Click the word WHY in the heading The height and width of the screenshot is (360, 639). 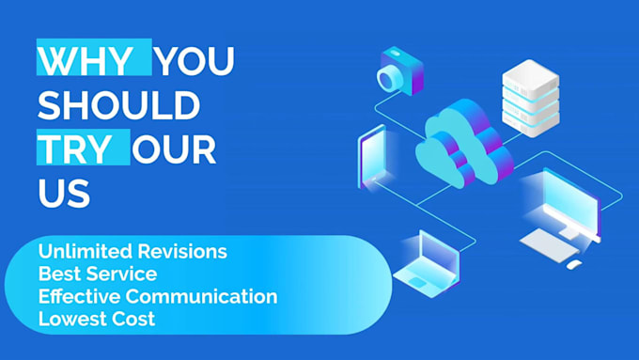[x=85, y=61]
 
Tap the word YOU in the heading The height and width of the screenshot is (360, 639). [x=195, y=61]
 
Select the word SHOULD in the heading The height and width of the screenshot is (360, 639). [x=119, y=104]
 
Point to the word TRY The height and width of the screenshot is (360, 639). [x=75, y=149]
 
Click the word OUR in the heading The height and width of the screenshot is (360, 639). [x=174, y=149]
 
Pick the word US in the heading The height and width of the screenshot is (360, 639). [x=64, y=194]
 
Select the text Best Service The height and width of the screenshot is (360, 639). [x=98, y=274]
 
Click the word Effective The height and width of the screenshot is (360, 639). [x=80, y=296]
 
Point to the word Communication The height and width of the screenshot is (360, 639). [x=201, y=296]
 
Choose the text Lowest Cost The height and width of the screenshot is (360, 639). [x=97, y=319]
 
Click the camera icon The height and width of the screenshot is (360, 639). [x=400, y=70]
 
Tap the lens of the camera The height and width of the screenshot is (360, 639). [x=389, y=78]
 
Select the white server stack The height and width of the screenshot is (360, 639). [x=531, y=98]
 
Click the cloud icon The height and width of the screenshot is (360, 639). [x=464, y=144]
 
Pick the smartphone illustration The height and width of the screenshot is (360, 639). [x=373, y=158]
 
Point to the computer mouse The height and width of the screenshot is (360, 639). [x=574, y=264]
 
